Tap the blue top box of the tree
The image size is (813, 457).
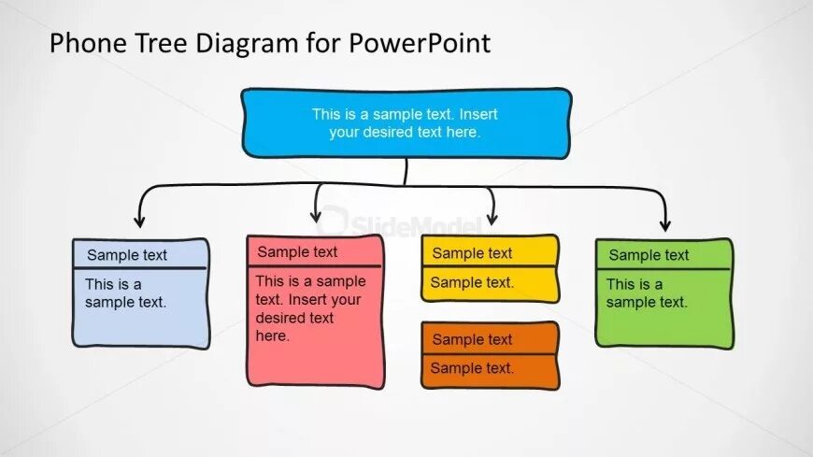(x=406, y=122)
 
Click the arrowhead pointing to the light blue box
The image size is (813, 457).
(x=139, y=221)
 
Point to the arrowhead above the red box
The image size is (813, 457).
(x=317, y=217)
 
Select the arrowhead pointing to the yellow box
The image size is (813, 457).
(x=490, y=218)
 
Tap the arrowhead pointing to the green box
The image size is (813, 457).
(x=664, y=224)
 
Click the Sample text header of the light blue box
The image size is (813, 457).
(x=127, y=255)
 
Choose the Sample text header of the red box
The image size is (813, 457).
(x=297, y=252)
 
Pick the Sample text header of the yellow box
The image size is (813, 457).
(x=472, y=253)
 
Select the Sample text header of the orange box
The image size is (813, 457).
(x=472, y=339)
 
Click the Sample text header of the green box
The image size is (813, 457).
(x=649, y=255)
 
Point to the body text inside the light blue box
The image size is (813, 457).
(x=125, y=293)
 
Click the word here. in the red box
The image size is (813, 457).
(x=273, y=336)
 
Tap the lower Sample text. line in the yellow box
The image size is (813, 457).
(x=472, y=282)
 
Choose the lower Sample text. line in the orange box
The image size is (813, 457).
(x=472, y=368)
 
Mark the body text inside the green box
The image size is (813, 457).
(x=647, y=293)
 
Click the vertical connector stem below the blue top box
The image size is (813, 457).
(x=406, y=171)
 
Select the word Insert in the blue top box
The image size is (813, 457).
(x=478, y=114)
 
